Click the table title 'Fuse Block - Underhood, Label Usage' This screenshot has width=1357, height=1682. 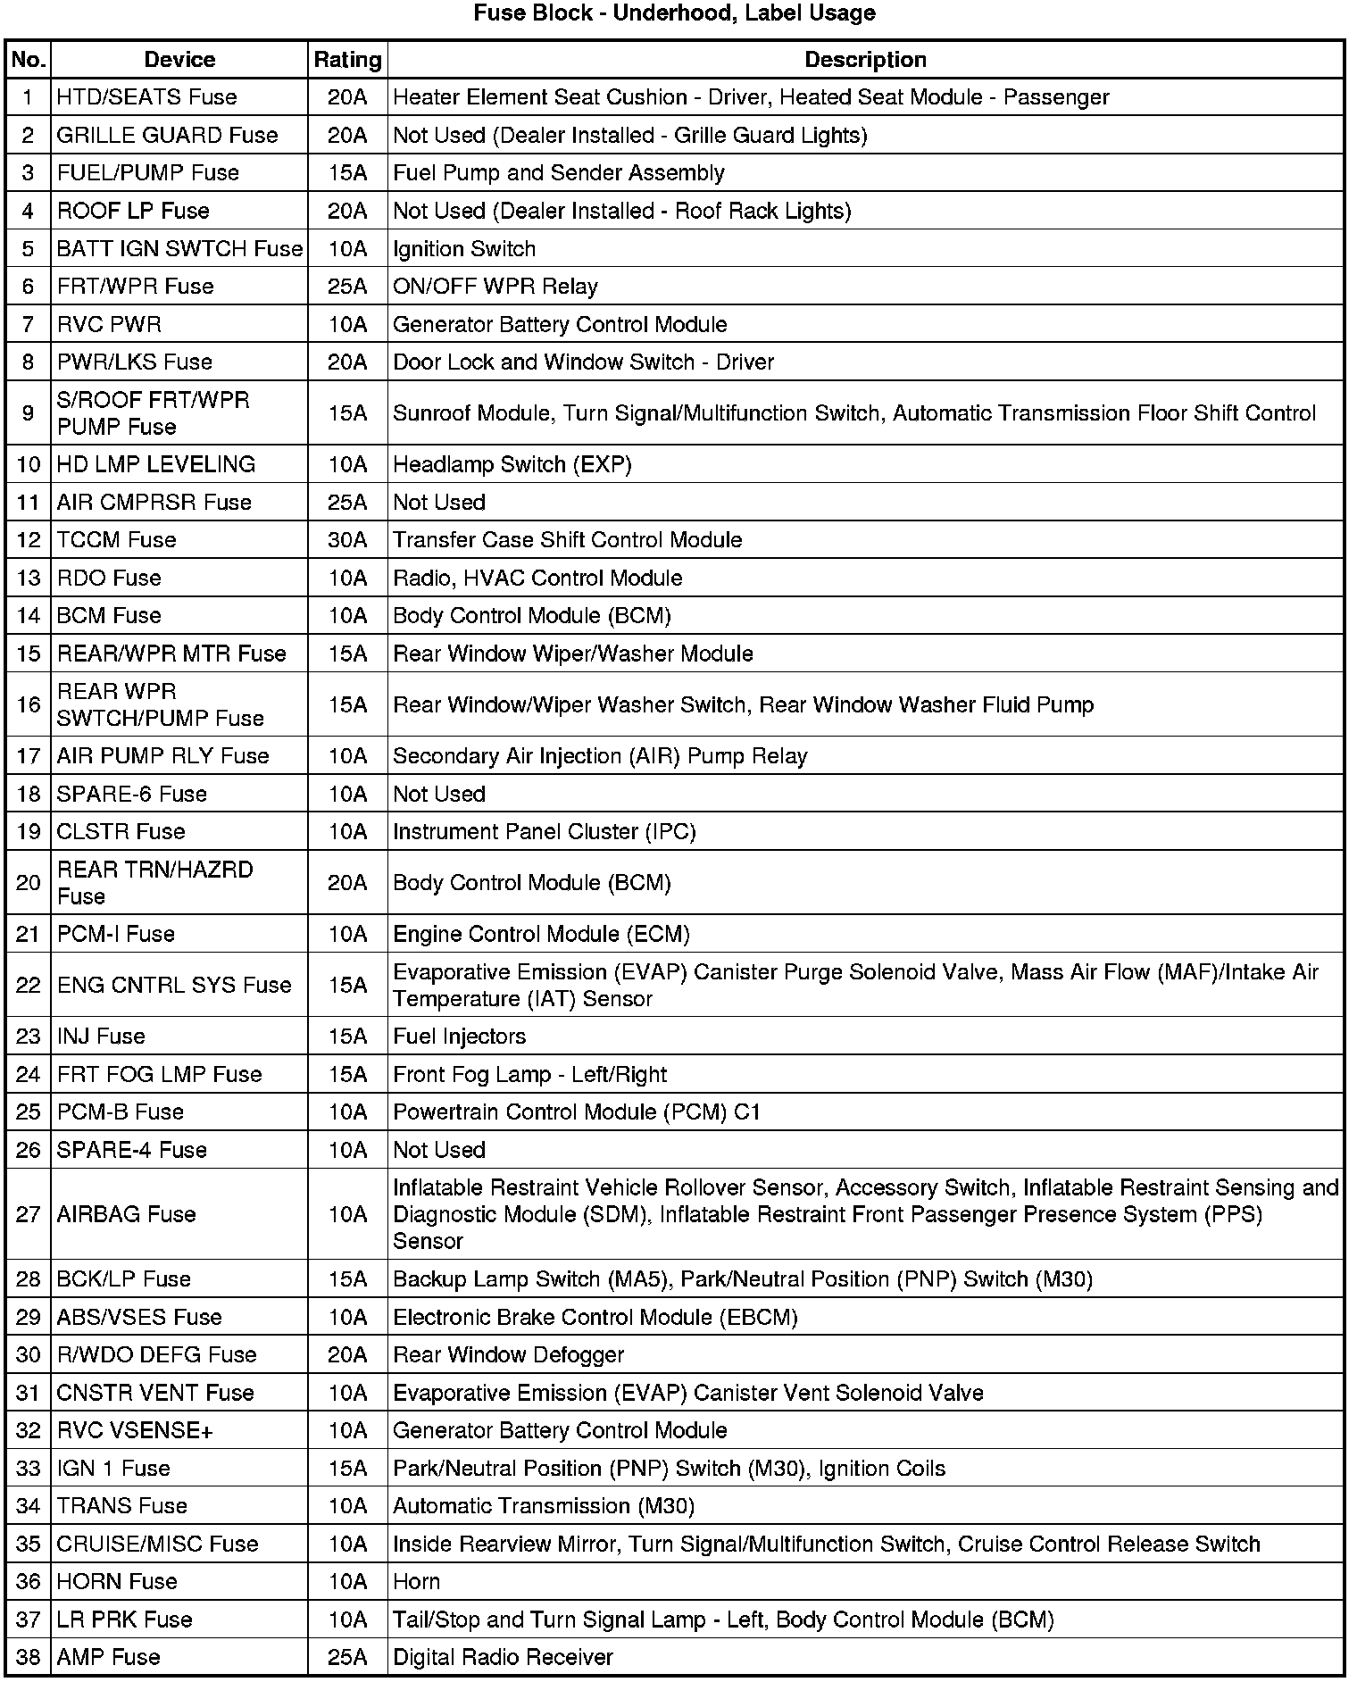click(x=674, y=13)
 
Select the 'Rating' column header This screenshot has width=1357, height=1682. click(x=347, y=60)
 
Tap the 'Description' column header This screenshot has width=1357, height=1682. click(x=865, y=60)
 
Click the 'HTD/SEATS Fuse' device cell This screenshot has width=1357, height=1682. click(x=146, y=97)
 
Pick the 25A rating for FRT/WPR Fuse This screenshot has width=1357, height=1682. click(x=347, y=287)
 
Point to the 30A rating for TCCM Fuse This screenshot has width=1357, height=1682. click(x=347, y=540)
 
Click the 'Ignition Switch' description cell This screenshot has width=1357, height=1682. click(x=464, y=249)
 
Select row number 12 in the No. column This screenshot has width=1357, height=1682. click(x=29, y=540)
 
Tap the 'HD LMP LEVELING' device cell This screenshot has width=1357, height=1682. click(x=156, y=464)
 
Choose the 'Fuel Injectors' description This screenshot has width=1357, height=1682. click(x=460, y=1037)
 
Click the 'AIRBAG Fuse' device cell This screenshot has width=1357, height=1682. click(x=126, y=1214)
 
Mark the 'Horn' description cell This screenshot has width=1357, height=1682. click(x=417, y=1582)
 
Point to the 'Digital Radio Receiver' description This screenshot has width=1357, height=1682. click(x=504, y=1658)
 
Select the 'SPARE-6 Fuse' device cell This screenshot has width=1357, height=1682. click(x=132, y=795)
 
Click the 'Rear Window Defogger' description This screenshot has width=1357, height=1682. click(x=509, y=1355)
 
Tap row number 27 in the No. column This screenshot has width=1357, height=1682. click(x=29, y=1214)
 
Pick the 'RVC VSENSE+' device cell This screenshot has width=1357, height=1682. click(x=135, y=1431)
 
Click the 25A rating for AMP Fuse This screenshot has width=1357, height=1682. click(x=347, y=1658)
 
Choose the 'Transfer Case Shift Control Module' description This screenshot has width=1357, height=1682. click(x=568, y=540)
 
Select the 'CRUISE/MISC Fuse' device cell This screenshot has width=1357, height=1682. click(x=157, y=1545)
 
